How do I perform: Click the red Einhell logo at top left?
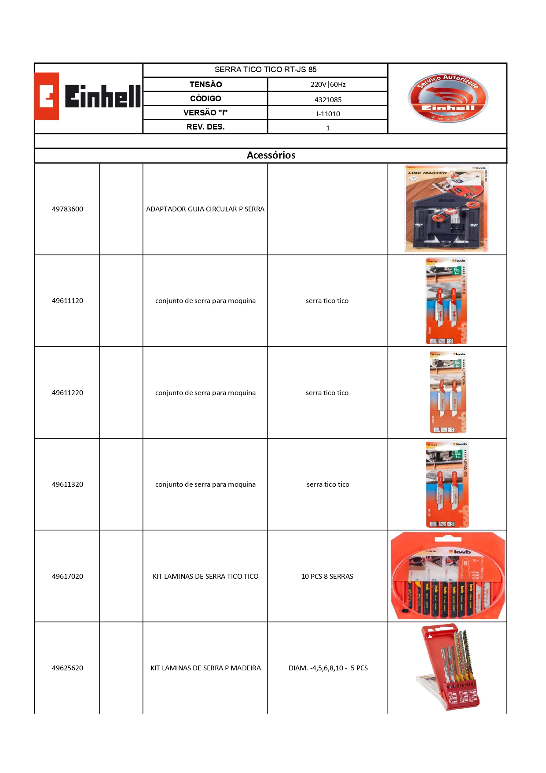coord(88,96)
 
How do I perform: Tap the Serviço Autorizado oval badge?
coord(447,98)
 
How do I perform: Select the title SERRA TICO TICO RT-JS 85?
coord(265,70)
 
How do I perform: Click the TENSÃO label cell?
coord(205,84)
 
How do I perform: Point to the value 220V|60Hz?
coord(328,84)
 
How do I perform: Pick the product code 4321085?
coord(328,100)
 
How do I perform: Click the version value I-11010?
coord(328,114)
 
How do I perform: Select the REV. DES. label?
coord(205,127)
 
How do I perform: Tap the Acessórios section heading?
coord(271,155)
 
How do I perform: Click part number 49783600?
coord(67,209)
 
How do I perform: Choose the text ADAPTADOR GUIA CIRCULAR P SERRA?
coord(205,209)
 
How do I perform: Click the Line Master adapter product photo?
coord(447,208)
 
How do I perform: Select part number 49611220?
coord(67,392)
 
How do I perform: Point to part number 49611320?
coord(67,484)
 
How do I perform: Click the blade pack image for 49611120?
coord(446,301)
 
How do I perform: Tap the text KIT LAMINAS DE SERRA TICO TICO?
coord(205,576)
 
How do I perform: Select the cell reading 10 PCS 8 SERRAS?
coord(327,576)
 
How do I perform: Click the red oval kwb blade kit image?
coord(448,576)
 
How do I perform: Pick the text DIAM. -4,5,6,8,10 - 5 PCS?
coord(328,668)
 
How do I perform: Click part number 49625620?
coord(67,668)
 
